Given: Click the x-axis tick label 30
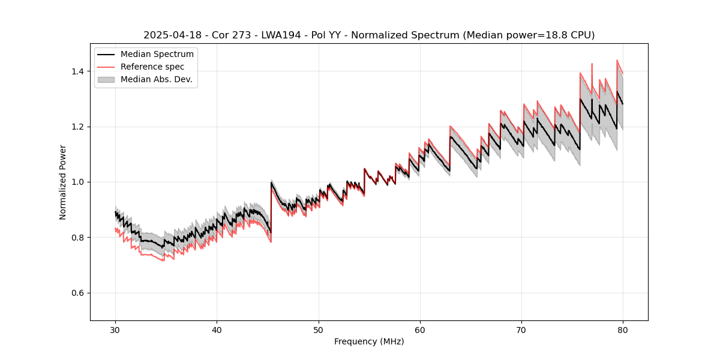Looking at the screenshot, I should click(x=115, y=329).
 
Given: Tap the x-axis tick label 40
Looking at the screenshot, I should click(x=217, y=329).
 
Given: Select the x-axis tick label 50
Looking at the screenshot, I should click(x=318, y=329).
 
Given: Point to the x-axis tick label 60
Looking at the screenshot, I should click(x=420, y=329).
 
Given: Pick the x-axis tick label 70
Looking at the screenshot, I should click(x=521, y=329).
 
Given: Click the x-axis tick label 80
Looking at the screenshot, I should click(x=623, y=329).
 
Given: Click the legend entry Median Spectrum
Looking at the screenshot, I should click(x=157, y=55).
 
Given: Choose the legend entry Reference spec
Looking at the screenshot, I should click(x=152, y=67).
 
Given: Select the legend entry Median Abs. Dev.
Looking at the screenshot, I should click(x=156, y=79).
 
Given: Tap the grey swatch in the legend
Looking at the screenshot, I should click(x=106, y=79).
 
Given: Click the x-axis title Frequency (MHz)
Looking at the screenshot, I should click(x=369, y=341).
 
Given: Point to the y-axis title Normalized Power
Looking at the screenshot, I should click(x=62, y=182).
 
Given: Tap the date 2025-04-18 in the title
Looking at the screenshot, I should click(x=170, y=35).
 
